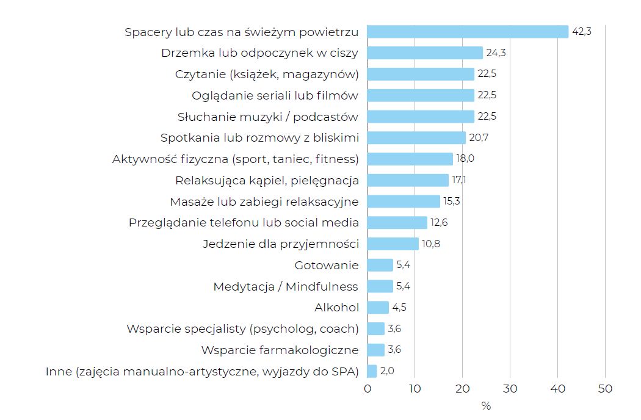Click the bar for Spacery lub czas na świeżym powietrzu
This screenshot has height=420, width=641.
tap(468, 32)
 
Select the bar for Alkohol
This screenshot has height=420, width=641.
tap(378, 308)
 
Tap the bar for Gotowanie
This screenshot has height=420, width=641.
tap(380, 265)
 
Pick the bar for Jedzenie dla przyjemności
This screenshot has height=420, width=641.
tap(393, 244)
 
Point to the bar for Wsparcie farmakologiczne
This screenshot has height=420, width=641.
tap(376, 350)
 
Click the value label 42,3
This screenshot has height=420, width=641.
tap(581, 32)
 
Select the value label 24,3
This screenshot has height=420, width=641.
tap(496, 53)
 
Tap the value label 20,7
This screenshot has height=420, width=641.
tap(479, 138)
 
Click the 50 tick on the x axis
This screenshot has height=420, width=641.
tap(605, 389)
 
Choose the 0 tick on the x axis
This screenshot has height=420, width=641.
tap(368, 389)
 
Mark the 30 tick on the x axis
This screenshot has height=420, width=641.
tap(510, 389)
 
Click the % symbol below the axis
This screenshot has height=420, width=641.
tap(486, 406)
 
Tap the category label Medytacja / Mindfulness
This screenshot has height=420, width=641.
tap(286, 286)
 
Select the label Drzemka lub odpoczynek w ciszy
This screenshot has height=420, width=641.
tap(259, 53)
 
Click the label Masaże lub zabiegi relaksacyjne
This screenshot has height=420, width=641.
tap(264, 201)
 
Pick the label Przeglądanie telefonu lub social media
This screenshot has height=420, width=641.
tap(244, 223)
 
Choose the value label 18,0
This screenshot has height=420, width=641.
tap(465, 159)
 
